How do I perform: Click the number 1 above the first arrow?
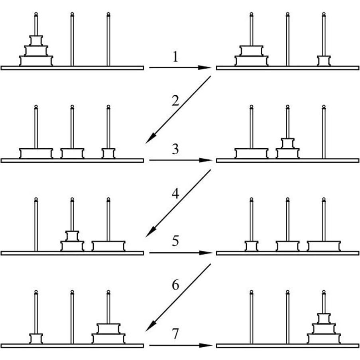click(x=175, y=57)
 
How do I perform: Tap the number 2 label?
click(x=175, y=100)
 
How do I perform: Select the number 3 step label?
click(x=175, y=150)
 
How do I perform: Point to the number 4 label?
click(x=175, y=194)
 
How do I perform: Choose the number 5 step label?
click(x=175, y=242)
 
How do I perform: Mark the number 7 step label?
click(x=175, y=334)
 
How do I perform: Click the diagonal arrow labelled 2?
click(x=178, y=110)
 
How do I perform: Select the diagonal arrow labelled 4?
click(x=178, y=203)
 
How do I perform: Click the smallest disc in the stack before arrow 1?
click(x=36, y=40)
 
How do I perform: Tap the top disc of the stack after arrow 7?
click(x=324, y=318)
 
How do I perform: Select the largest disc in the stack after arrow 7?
click(x=324, y=338)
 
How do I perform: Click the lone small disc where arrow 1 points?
click(x=324, y=61)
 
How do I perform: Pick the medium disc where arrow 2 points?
click(x=72, y=153)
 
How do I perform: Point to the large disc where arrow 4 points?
click(x=108, y=246)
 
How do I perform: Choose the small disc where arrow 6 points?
click(x=36, y=338)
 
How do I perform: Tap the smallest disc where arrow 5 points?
click(x=252, y=246)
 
